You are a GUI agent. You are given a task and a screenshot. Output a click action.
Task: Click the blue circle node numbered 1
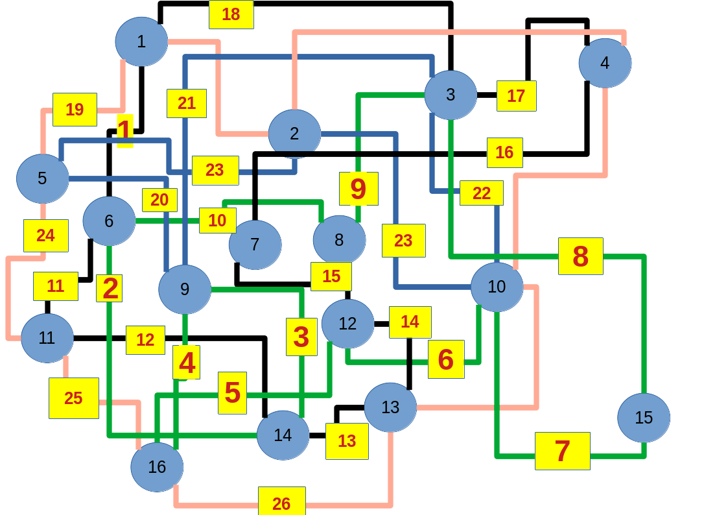coord(141,42)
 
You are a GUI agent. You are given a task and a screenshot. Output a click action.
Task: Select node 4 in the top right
coord(605,63)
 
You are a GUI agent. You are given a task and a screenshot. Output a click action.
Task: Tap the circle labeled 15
coord(643,418)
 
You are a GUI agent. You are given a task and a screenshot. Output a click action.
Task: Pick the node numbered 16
coord(157,467)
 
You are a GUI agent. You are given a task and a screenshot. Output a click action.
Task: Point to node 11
coord(47,338)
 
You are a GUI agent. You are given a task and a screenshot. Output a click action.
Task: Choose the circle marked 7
coord(255,245)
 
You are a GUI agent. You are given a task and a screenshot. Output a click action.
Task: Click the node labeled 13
coord(390,407)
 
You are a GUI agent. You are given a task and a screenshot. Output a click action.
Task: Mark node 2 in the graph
coord(294,134)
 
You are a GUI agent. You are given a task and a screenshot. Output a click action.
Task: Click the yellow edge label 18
coord(231,14)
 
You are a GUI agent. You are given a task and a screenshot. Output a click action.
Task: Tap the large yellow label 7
coord(562,451)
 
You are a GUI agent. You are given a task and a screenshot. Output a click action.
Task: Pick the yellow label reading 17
coord(516,96)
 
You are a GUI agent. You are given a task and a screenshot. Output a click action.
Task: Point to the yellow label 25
coord(73,398)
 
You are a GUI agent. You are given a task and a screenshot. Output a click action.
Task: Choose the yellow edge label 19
coord(75,110)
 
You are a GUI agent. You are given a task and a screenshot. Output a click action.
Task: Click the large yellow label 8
coord(580,256)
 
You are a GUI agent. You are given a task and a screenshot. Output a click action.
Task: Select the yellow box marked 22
coord(481,193)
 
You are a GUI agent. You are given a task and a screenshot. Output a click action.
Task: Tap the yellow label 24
coord(45,235)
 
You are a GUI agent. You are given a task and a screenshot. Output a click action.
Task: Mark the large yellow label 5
coord(232,392)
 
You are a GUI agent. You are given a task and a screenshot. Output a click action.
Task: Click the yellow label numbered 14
coord(410,322)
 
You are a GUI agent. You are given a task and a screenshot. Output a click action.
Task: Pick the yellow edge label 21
coord(186,103)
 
